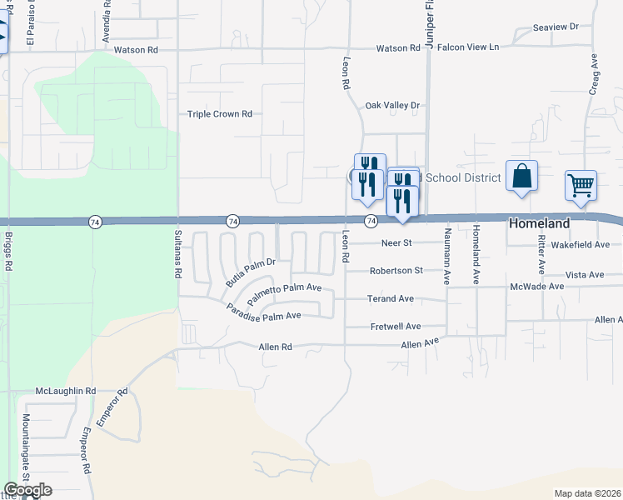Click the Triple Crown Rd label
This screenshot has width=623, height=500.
(x=219, y=114)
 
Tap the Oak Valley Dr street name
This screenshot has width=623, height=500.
(x=393, y=106)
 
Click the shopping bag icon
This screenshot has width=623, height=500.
(x=521, y=176)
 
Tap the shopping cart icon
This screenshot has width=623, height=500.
(x=581, y=185)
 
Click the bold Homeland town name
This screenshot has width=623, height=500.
(x=540, y=223)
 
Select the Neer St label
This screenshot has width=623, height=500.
(x=396, y=243)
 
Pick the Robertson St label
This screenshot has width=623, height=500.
(x=396, y=271)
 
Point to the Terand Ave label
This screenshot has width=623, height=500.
(x=391, y=298)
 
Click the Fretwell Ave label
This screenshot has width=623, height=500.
(x=396, y=327)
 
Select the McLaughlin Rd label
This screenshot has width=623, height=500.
(x=66, y=390)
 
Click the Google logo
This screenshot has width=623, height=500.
(x=27, y=490)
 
